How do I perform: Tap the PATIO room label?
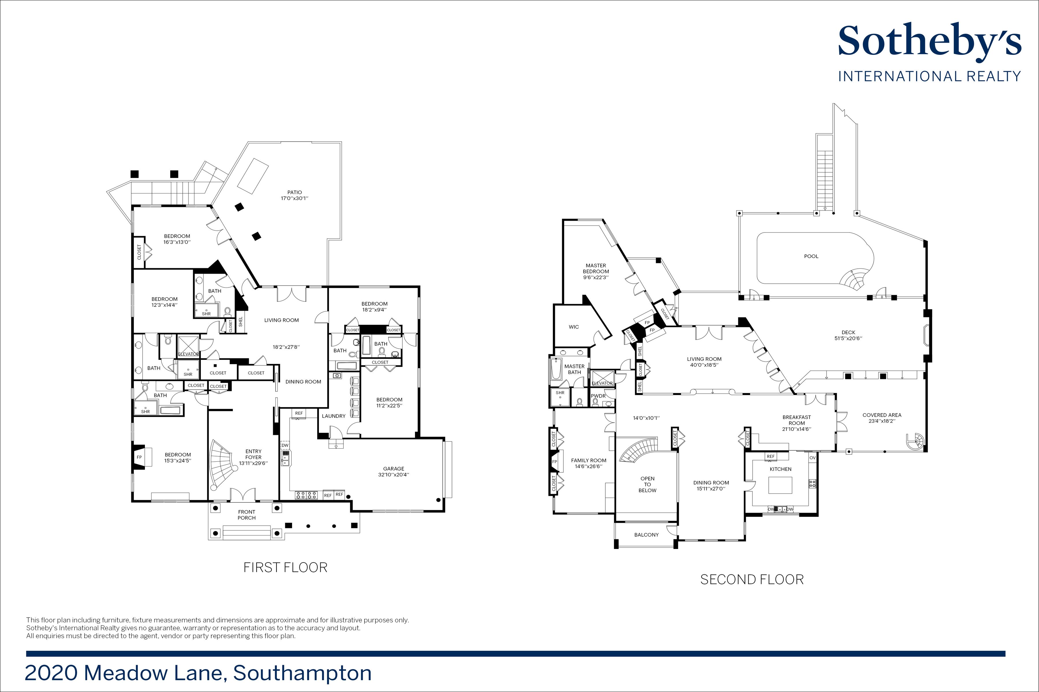click(x=295, y=192)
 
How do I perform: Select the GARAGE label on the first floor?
click(x=394, y=469)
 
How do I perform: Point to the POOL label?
click(x=811, y=256)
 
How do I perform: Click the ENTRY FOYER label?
click(x=254, y=454)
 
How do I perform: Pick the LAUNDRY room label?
click(x=334, y=416)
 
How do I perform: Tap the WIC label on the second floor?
click(x=574, y=327)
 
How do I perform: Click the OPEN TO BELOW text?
click(x=648, y=484)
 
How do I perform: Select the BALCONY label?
click(x=646, y=535)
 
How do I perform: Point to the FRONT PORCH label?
click(x=246, y=515)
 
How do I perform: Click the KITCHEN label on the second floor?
click(x=781, y=469)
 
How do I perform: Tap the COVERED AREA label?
click(x=882, y=415)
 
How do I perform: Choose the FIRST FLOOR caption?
click(x=285, y=567)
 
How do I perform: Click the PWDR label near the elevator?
click(x=599, y=396)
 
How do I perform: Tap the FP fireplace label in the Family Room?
click(x=555, y=462)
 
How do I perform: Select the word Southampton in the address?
click(x=302, y=673)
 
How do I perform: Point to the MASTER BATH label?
click(x=574, y=369)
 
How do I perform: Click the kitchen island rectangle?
click(x=781, y=485)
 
